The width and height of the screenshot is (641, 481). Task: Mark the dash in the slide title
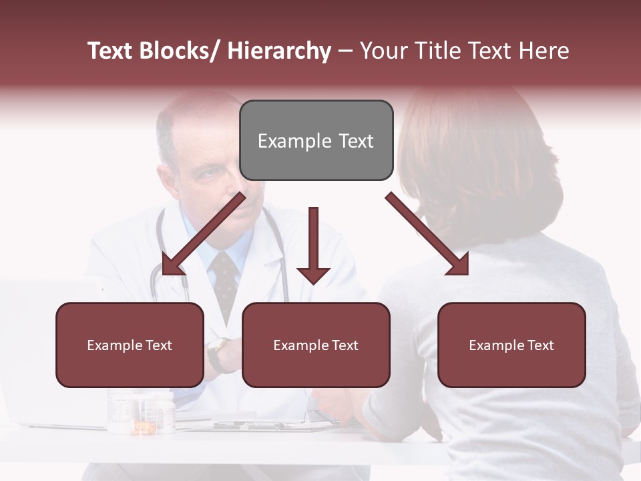point(345,51)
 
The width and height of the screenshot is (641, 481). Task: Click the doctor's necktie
point(225,281)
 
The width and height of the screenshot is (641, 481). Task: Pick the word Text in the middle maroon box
point(345,345)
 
